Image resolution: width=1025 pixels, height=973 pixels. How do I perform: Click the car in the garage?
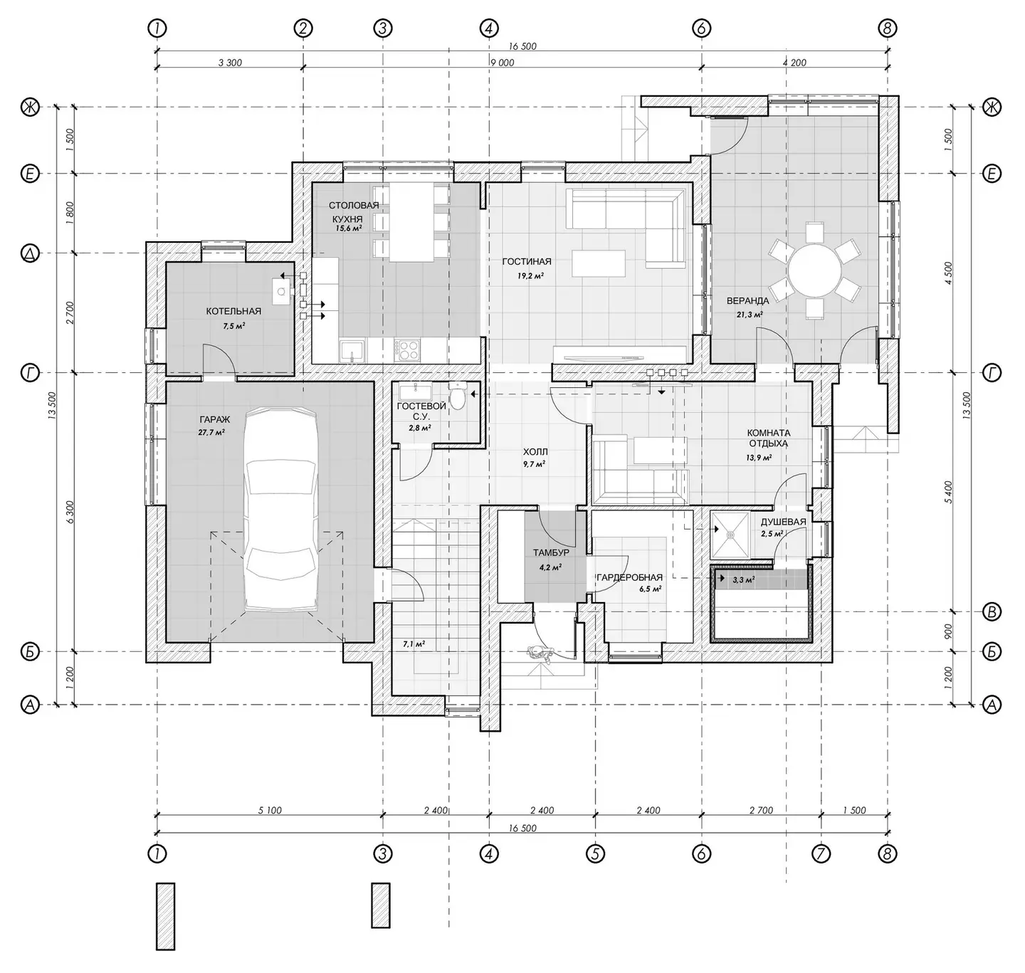[x=282, y=509]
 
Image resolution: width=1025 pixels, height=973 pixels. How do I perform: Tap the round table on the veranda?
[x=814, y=270]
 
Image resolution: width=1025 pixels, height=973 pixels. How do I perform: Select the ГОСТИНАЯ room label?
[x=527, y=262]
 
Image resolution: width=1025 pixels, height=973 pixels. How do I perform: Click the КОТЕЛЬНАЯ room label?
[x=233, y=311]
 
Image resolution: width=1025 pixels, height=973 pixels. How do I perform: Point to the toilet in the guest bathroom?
[x=458, y=396]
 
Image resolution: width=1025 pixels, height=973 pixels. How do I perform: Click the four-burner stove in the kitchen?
[x=407, y=349]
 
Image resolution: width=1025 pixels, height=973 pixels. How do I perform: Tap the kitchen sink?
[x=353, y=350]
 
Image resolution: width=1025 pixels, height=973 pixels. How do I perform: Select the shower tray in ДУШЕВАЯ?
[x=730, y=535]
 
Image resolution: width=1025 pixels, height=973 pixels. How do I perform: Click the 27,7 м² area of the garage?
[x=211, y=432]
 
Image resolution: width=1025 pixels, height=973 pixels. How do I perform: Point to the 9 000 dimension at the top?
[x=502, y=63]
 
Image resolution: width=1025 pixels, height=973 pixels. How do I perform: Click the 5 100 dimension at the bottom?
[x=270, y=810]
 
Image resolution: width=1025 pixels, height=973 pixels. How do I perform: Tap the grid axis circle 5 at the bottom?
[x=595, y=854]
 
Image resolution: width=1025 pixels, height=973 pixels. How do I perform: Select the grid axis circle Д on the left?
[x=30, y=254]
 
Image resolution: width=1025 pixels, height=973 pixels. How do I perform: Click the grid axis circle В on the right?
[x=991, y=611]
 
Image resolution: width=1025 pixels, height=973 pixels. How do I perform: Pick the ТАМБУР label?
[x=550, y=553]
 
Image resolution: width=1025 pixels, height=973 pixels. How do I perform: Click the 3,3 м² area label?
[x=743, y=579]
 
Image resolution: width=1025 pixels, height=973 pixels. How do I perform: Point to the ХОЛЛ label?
[x=535, y=451]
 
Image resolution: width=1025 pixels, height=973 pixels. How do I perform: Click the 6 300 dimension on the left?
[x=70, y=512]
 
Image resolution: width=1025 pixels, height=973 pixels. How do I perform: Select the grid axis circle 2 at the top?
[x=303, y=28]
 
